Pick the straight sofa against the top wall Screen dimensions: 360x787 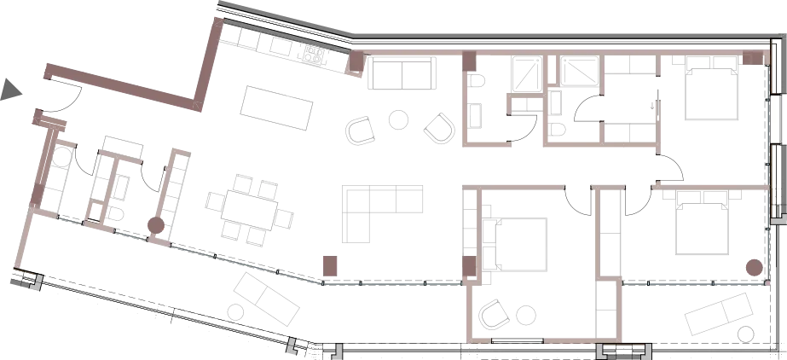400,79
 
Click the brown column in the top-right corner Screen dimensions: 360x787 753,57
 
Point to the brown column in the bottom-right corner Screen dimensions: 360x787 753,269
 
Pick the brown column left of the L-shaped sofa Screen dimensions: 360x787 331,264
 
